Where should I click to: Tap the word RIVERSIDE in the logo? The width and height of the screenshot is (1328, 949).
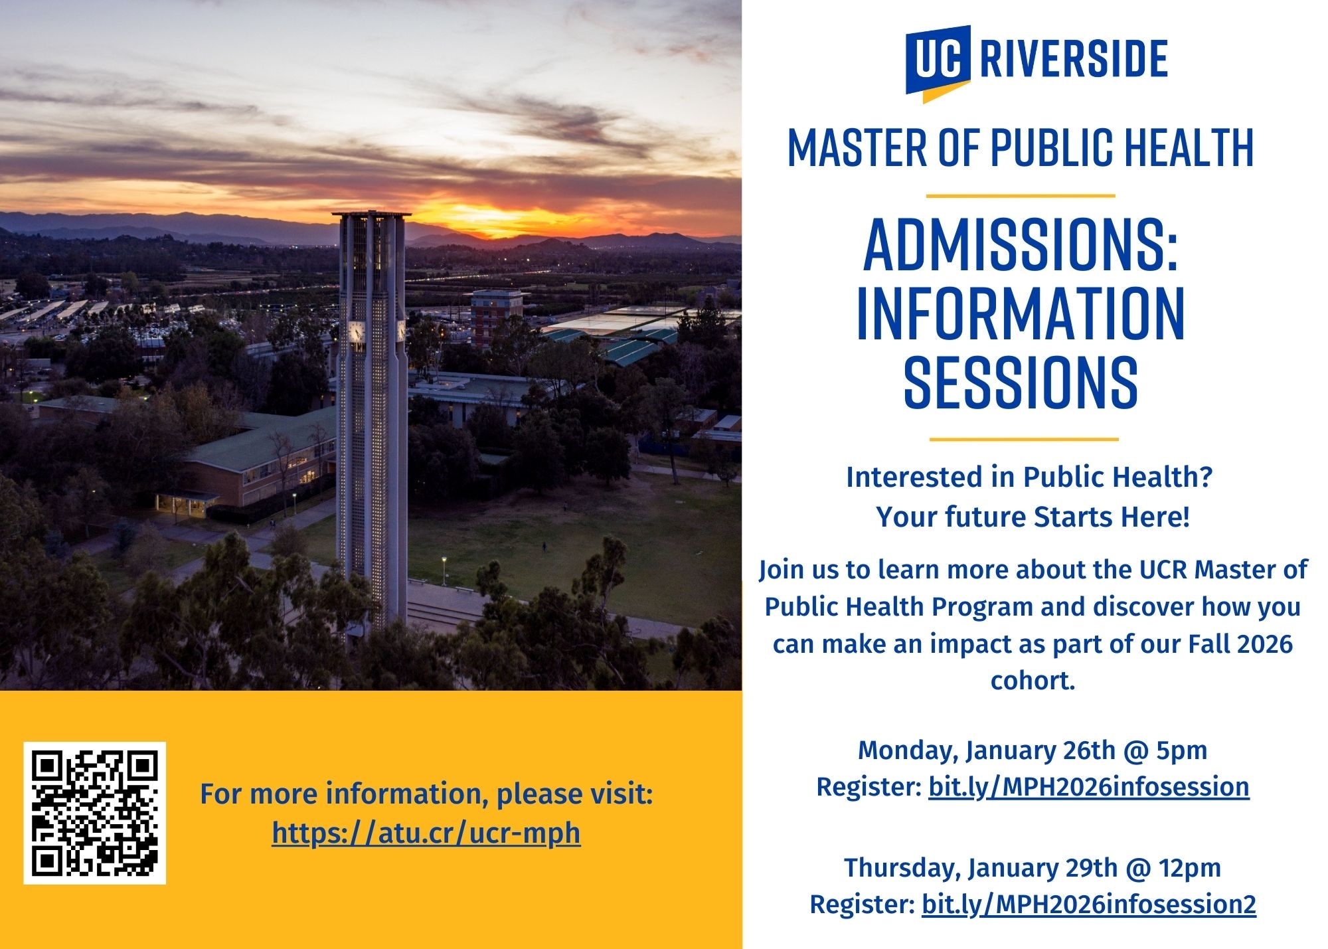(1074, 59)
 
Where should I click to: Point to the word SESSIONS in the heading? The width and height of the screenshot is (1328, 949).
(1021, 381)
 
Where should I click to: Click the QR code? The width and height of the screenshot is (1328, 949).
(95, 813)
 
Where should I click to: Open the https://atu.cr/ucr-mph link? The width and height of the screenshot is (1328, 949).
(426, 833)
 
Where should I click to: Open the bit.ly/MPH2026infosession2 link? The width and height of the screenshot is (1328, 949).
(1089, 905)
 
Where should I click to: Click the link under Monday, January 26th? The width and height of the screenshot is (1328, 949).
(1089, 787)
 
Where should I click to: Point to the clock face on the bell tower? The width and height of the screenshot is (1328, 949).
(357, 331)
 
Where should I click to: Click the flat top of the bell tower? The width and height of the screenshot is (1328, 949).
(372, 215)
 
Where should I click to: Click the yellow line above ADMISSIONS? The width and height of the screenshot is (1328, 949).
(1021, 196)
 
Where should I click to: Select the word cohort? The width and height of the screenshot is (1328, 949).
(1032, 681)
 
